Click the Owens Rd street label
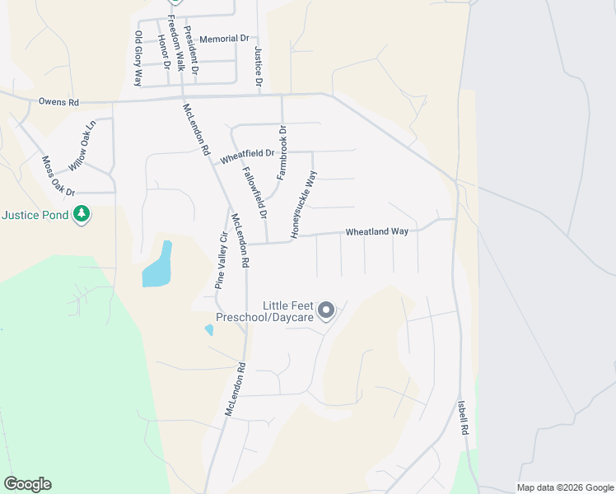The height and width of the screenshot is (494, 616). tap(58, 103)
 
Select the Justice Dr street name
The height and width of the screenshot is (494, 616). tap(259, 66)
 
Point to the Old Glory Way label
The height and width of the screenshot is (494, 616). tap(138, 58)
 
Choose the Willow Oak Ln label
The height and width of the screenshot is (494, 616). tap(82, 146)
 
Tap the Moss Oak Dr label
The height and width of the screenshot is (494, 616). tap(58, 175)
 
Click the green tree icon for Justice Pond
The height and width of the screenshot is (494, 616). tap(81, 215)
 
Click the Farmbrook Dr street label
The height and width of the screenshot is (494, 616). tap(282, 142)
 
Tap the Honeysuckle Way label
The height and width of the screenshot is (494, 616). tap(304, 204)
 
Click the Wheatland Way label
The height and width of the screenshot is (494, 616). tap(376, 232)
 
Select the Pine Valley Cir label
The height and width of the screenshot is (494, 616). tap(221, 259)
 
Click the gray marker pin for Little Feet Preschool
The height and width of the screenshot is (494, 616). tap(326, 310)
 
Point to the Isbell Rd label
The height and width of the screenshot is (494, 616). tap(464, 418)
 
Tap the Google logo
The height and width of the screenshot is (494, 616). tap(27, 484)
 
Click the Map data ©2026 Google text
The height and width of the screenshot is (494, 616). tap(565, 487)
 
